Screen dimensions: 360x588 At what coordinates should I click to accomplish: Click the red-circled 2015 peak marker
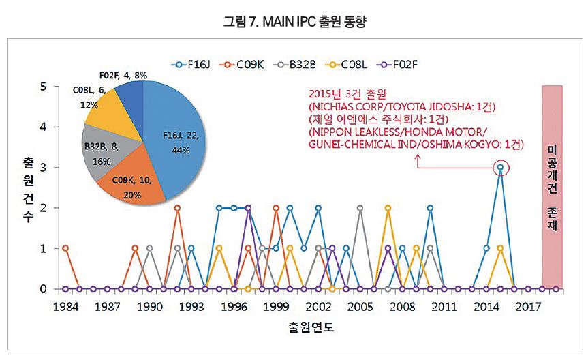tap(501, 167)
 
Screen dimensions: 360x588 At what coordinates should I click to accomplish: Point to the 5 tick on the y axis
tap(44, 87)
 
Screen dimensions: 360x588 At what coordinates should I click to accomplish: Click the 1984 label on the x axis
tap(65, 306)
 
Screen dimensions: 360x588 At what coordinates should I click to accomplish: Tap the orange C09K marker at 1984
tap(65, 248)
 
